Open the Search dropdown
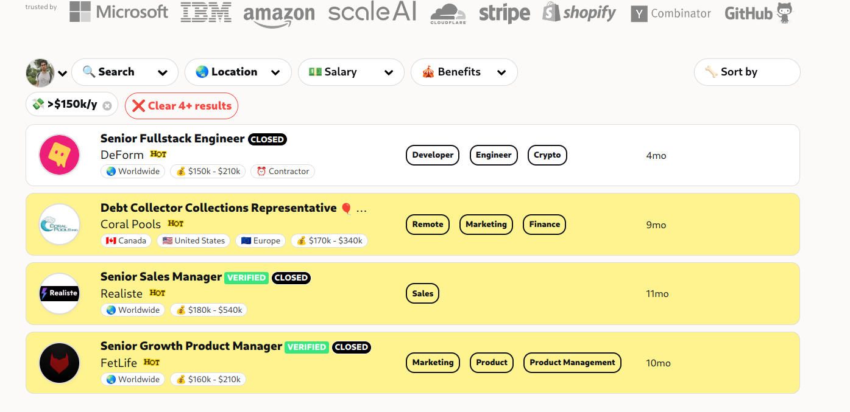[x=124, y=72]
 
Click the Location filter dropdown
[x=238, y=72]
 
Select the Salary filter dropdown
[x=350, y=72]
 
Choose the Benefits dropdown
[x=464, y=72]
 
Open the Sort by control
[x=746, y=72]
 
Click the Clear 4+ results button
[x=182, y=106]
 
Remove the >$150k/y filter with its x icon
[x=107, y=106]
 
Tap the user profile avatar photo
[x=40, y=73]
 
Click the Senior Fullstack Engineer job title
[x=172, y=139]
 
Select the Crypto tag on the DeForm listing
[x=547, y=155]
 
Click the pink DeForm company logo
[x=59, y=155]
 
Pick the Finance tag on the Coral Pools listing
[x=544, y=225]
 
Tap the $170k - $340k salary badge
[x=329, y=241]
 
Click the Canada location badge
[x=126, y=241]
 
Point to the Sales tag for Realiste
[x=422, y=294]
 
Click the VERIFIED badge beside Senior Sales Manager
[x=246, y=278]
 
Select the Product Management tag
[x=572, y=363]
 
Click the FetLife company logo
[x=59, y=363]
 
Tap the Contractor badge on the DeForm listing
[x=283, y=172]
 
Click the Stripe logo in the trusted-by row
[x=504, y=13]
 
